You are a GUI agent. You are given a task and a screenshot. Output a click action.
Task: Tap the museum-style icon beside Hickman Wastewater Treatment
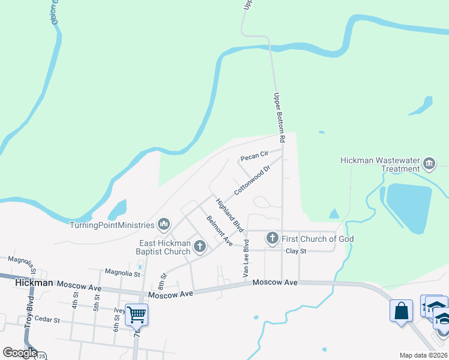tap(429, 163)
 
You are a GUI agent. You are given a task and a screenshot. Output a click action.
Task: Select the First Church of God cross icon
tap(272, 239)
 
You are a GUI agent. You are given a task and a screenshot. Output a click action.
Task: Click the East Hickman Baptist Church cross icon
tap(199, 246)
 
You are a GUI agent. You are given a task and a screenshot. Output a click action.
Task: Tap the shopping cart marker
tap(137, 314)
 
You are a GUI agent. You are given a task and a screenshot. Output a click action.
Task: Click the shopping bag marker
tap(401, 311)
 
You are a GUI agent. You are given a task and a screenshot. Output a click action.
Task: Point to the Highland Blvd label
tap(230, 216)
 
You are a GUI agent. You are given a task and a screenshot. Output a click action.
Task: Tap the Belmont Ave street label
tap(219, 230)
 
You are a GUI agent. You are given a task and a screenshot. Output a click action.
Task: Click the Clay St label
tap(296, 251)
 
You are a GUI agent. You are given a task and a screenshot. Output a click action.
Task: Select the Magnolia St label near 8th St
tap(122, 274)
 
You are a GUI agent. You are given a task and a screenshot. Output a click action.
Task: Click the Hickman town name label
tap(26, 283)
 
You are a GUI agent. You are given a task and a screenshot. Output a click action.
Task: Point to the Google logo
tap(20, 353)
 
